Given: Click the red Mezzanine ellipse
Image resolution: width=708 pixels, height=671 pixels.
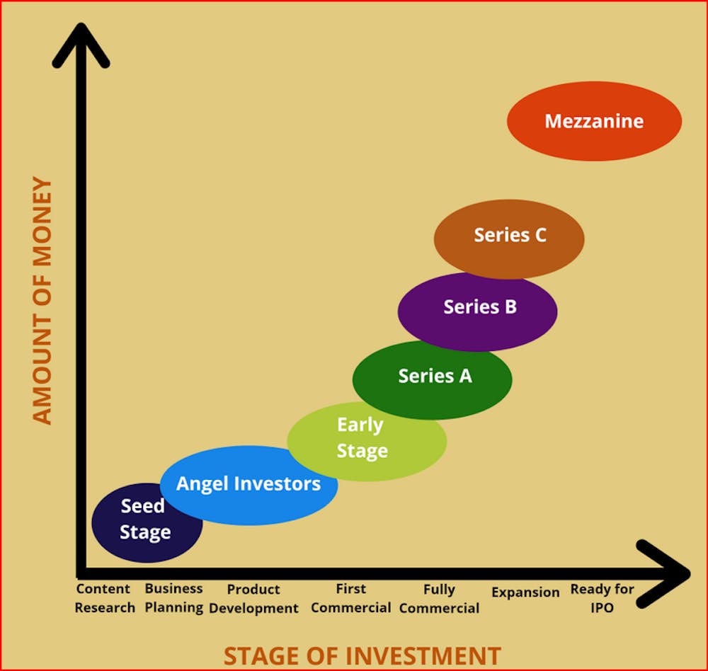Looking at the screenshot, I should click(x=594, y=121).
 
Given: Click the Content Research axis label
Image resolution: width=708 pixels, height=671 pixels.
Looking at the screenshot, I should click(x=104, y=598).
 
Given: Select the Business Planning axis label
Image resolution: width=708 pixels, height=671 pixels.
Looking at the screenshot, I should click(x=174, y=598).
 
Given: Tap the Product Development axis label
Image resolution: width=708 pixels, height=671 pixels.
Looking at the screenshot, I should click(x=253, y=599).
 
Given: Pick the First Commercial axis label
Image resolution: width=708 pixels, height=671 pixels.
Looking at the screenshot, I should click(x=351, y=598).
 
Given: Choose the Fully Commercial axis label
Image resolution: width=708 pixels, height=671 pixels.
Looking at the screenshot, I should click(x=439, y=599).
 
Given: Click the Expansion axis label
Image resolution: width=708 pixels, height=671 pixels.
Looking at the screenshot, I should click(x=525, y=592).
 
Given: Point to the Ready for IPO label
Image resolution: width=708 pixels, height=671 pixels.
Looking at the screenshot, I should click(x=602, y=598).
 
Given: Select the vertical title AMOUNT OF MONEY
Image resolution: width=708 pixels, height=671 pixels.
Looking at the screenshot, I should click(x=43, y=302).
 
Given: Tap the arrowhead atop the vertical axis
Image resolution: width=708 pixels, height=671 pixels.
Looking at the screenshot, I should click(x=81, y=46).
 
